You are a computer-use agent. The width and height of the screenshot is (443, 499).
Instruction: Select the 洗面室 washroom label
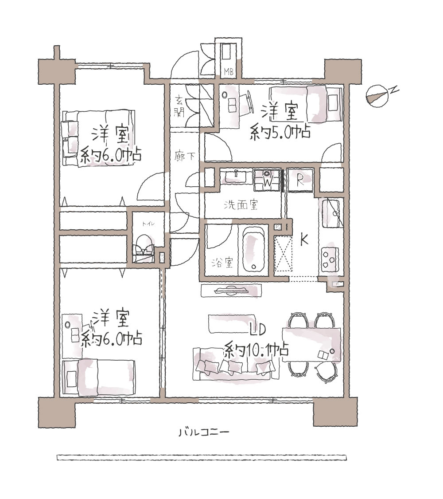click(241, 205)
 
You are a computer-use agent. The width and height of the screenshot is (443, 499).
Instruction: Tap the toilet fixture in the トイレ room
click(144, 247)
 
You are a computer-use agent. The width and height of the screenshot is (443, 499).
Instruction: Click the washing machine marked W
click(267, 180)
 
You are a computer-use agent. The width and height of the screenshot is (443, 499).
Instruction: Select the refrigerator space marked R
click(300, 180)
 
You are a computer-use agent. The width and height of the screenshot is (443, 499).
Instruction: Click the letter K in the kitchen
click(304, 240)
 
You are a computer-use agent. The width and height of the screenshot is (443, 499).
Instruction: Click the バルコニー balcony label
click(203, 432)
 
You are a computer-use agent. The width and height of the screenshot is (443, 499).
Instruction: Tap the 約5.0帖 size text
click(280, 132)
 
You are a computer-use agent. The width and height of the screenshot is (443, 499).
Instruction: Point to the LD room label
click(257, 330)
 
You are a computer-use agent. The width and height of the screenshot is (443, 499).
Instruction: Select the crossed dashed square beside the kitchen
click(283, 254)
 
